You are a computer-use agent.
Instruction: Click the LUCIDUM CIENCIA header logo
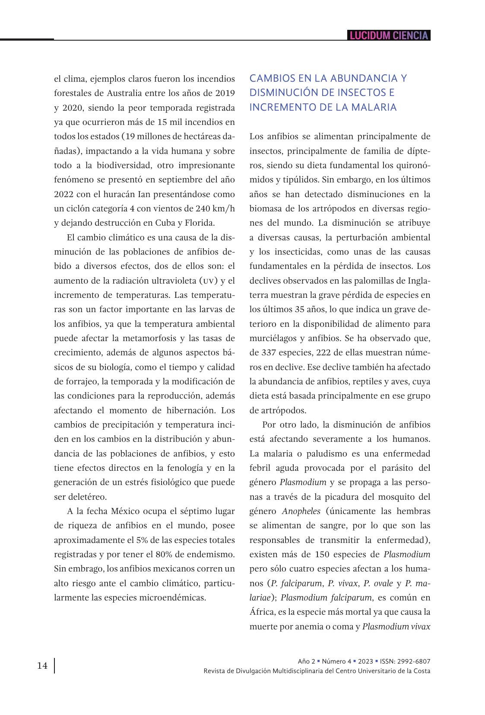pos(389,35)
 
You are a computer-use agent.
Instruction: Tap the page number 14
pos(42,666)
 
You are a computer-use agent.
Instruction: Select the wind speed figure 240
pos(203,208)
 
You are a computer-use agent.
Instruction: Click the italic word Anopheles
pos(301,511)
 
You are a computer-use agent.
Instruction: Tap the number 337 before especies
pos(269,353)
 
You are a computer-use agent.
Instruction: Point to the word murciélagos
pos(274,338)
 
